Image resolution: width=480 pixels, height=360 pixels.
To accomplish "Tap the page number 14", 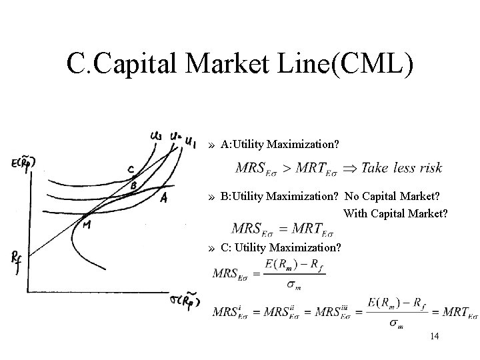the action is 435,337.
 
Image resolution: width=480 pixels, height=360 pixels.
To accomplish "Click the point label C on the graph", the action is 131,169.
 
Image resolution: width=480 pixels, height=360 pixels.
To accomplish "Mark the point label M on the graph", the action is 87,225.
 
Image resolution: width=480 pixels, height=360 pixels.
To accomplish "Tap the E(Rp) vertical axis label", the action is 23,163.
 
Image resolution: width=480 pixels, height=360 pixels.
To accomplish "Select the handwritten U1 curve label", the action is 189,141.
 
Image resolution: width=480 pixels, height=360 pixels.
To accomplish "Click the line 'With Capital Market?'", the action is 396,214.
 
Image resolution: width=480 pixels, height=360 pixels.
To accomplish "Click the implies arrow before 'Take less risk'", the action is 349,168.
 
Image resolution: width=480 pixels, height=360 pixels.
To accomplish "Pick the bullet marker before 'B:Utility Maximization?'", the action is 211,197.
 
